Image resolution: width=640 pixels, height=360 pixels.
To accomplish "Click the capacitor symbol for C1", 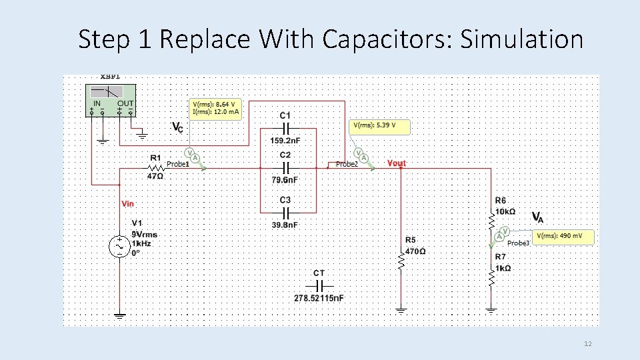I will [x=285, y=127].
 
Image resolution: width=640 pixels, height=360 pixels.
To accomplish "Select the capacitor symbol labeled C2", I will [x=285, y=167].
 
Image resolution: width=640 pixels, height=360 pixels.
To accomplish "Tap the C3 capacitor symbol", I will [x=285, y=212].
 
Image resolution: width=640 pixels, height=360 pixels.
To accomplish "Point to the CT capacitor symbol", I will [x=319, y=285].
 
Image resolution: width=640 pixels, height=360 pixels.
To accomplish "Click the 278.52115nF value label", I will [x=319, y=298].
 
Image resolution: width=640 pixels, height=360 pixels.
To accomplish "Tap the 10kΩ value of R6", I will [x=505, y=211].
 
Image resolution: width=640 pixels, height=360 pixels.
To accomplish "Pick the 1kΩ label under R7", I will [x=503, y=268].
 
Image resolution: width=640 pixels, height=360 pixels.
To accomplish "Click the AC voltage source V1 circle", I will [x=120, y=246].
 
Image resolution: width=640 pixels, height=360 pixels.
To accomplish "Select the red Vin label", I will [x=127, y=203].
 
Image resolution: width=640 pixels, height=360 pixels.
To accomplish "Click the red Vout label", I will [x=396, y=163].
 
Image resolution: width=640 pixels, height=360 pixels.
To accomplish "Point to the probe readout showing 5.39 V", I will [x=377, y=125].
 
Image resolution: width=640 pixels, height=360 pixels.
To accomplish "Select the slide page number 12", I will [x=587, y=344].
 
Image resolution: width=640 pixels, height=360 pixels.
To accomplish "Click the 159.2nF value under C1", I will [x=285, y=141].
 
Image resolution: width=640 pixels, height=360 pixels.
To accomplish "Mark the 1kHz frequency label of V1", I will [x=141, y=244].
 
